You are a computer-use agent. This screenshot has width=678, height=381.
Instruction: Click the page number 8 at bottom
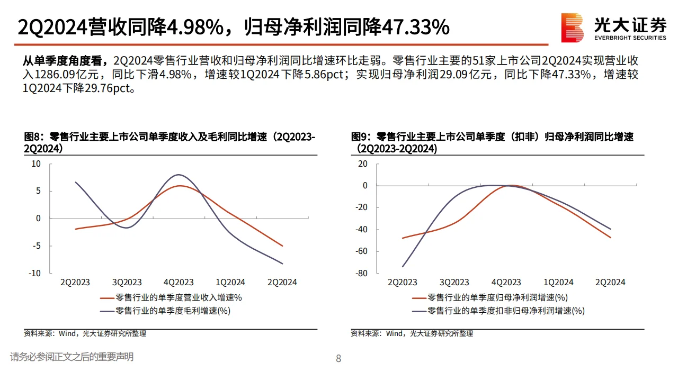pyautogui.click(x=339, y=359)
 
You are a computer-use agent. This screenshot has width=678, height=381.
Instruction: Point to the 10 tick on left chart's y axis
pyautogui.click(x=36, y=164)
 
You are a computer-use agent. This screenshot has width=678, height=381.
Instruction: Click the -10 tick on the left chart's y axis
pyautogui.click(x=35, y=273)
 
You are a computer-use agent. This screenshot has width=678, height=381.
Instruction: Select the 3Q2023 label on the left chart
pyautogui.click(x=127, y=283)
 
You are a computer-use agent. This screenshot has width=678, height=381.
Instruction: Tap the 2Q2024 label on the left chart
pyautogui.click(x=282, y=283)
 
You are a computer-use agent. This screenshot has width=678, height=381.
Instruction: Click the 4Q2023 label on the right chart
pyautogui.click(x=506, y=283)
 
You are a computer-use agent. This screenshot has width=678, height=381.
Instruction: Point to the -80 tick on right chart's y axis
pyautogui.click(x=362, y=273)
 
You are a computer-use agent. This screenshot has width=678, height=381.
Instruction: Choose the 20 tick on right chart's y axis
pyautogui.click(x=362, y=164)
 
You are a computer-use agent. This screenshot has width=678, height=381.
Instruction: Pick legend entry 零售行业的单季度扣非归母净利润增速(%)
pyautogui.click(x=505, y=311)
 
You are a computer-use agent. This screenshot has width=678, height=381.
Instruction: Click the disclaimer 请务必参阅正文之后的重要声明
pyautogui.click(x=72, y=357)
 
